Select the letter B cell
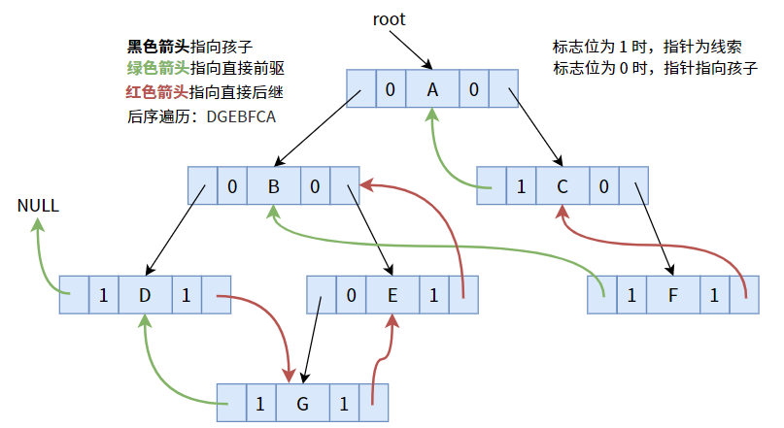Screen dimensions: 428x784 tap(274, 186)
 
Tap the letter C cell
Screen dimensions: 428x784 tap(562, 186)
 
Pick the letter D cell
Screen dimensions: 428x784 tap(145, 295)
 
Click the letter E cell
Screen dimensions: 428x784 tap(392, 295)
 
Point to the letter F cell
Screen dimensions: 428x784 tap(673, 295)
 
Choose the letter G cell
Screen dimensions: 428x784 tap(302, 404)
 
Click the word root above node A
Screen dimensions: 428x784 tap(389, 19)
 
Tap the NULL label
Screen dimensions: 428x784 tap(38, 206)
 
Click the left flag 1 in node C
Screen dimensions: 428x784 tap(521, 186)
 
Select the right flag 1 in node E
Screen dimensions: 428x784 tap(433, 295)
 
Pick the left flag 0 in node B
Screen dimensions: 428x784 tap(232, 186)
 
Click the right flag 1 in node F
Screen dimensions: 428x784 tap(714, 295)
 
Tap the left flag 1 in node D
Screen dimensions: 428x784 tap(103, 295)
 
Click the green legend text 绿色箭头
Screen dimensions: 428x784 tap(158, 69)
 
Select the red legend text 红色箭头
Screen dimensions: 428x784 tap(158, 92)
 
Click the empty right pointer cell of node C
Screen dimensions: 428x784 tap(632, 186)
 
